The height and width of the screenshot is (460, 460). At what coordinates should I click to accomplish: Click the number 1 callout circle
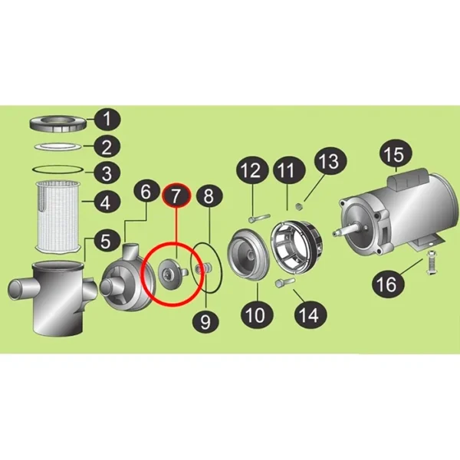[x=107, y=120]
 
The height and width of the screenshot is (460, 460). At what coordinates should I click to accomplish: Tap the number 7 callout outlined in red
[x=176, y=195]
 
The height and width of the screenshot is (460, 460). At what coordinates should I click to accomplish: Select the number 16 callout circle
[x=388, y=284]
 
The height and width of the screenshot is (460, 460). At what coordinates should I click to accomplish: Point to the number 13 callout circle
[x=330, y=162]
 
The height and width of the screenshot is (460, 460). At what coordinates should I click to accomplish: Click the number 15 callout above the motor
[x=396, y=154]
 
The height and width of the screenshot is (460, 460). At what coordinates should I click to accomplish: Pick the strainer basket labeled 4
[x=58, y=216]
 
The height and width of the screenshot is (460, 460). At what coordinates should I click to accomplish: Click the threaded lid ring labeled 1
[x=58, y=124]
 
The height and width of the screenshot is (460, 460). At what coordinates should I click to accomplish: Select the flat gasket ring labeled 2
[x=58, y=146]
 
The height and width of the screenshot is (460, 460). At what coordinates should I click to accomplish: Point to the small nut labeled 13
[x=300, y=207]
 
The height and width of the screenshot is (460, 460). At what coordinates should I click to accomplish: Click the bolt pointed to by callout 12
[x=259, y=219]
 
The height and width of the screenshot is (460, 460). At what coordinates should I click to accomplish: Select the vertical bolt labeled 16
[x=431, y=262]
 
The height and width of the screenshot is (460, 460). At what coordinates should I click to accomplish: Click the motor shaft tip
[x=335, y=234]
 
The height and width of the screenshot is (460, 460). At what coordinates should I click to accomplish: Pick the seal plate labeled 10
[x=248, y=255]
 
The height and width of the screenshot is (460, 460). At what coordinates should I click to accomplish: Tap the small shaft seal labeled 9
[x=203, y=268]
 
